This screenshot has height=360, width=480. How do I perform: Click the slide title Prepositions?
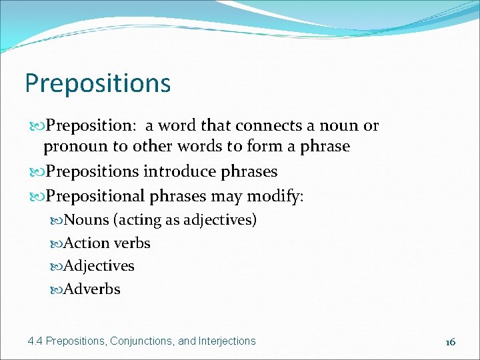click(98, 84)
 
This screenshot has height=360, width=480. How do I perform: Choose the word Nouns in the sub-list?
click(86, 220)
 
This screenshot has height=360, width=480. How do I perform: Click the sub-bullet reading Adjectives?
click(99, 266)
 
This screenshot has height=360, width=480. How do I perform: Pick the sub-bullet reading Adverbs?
click(92, 289)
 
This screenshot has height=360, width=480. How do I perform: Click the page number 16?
click(450, 341)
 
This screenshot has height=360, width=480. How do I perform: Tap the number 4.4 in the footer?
click(35, 341)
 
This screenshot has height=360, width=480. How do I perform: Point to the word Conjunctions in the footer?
click(141, 341)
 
